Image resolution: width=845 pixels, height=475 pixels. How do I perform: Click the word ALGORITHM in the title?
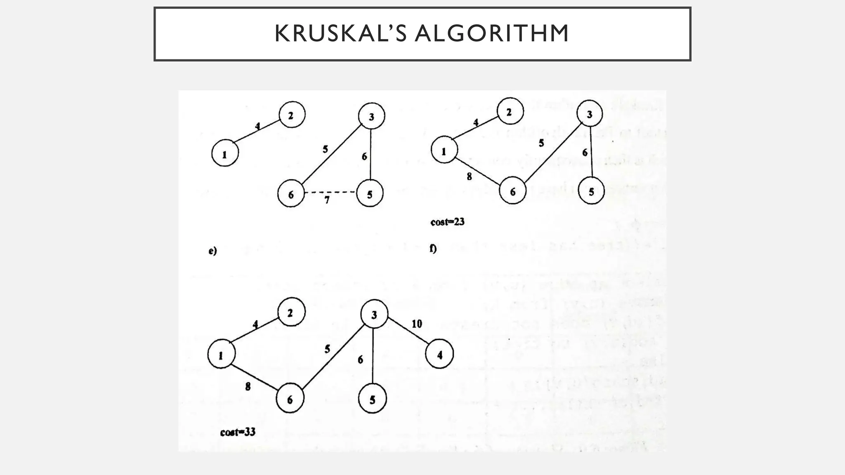(492, 34)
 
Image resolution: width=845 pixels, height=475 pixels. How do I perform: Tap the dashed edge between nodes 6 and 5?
(330, 192)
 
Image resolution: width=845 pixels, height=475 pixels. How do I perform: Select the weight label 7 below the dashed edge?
(327, 200)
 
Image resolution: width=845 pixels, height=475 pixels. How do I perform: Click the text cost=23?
(447, 222)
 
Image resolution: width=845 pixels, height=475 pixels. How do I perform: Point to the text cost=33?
(238, 432)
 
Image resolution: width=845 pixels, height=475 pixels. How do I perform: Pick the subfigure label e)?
(212, 251)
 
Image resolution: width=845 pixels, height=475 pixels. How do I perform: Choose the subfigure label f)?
(433, 249)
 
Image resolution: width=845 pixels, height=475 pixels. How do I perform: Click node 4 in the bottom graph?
(439, 354)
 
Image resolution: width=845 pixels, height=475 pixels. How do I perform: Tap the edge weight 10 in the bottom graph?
(417, 324)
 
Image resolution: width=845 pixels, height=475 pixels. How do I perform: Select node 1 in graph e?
(225, 154)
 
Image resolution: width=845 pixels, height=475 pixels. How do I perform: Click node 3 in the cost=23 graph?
(589, 114)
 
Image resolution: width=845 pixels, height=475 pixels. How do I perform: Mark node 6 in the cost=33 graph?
(290, 399)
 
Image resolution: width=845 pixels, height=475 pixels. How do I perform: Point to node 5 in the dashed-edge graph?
(370, 194)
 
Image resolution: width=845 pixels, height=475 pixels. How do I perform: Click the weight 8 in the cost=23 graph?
(469, 176)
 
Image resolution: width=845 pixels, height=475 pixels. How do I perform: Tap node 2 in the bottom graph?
(291, 313)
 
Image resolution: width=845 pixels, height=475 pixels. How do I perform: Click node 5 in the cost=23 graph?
(591, 191)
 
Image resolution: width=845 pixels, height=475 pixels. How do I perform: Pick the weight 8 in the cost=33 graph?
(248, 386)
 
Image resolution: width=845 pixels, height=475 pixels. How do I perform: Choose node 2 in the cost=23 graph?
(510, 112)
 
